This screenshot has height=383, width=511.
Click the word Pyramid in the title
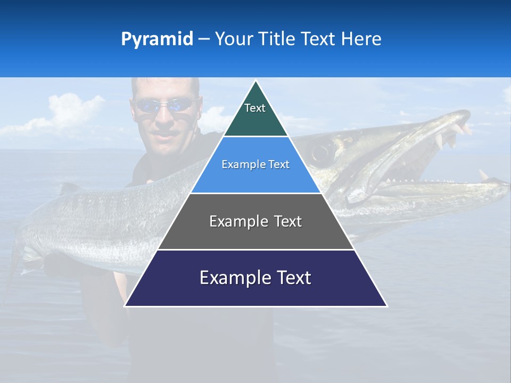pyautogui.click(x=156, y=39)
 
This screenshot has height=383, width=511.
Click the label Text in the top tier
pyautogui.click(x=254, y=108)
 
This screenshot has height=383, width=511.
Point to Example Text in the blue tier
pyautogui.click(x=256, y=165)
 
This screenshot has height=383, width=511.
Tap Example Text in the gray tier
pyautogui.click(x=256, y=221)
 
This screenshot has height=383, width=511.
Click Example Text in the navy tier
pyautogui.click(x=256, y=278)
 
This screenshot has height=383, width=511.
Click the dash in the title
pyautogui.click(x=204, y=39)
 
